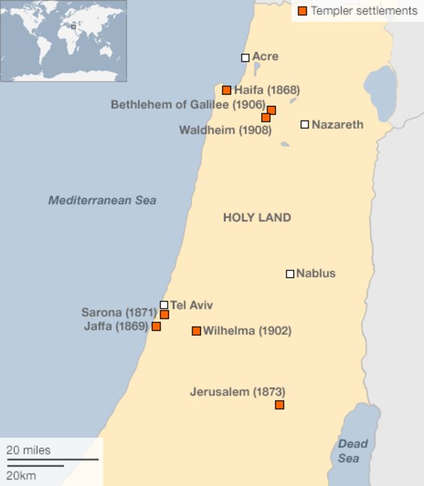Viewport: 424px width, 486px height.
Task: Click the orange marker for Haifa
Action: click(226, 90)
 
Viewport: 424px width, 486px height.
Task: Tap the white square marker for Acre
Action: click(245, 58)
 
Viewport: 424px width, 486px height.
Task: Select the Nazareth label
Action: click(337, 124)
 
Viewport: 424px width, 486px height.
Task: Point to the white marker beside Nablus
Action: click(290, 274)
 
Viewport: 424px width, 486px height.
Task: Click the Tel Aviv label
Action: click(192, 305)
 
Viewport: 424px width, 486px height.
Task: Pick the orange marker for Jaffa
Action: click(156, 326)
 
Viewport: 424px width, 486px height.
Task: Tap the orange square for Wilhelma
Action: click(196, 331)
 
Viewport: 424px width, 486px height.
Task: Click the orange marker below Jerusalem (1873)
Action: click(279, 405)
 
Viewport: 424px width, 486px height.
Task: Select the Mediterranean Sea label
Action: click(102, 200)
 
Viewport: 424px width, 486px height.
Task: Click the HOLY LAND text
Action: click(257, 218)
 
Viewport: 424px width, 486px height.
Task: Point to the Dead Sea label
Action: click(353, 451)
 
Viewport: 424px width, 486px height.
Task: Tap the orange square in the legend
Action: click(302, 11)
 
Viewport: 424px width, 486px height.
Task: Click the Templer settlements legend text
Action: click(364, 11)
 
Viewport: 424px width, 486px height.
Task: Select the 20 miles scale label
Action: click(29, 450)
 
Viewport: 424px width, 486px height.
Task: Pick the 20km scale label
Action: click(22, 475)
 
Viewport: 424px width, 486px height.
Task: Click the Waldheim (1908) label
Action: click(225, 130)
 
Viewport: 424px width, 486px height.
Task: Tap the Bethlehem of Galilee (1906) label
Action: click(188, 105)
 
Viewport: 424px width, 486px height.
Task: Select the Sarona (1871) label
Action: click(119, 313)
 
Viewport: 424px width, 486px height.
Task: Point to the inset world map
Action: click(63, 41)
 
